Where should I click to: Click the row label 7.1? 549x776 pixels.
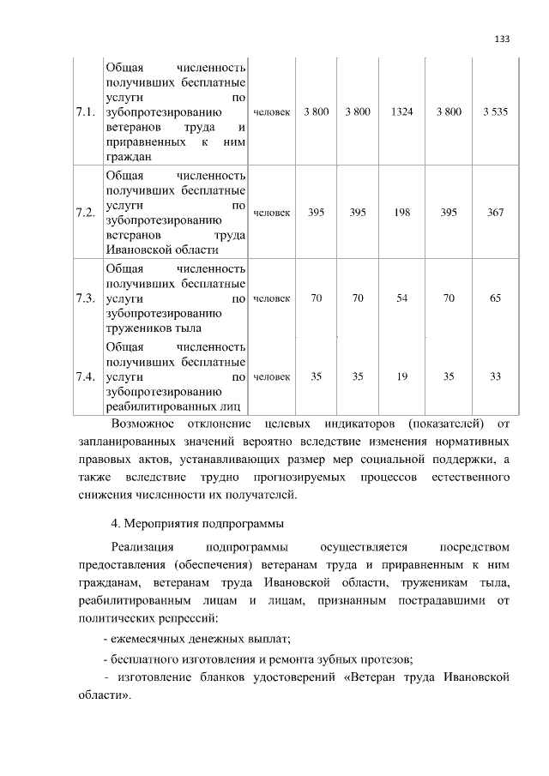click(x=85, y=112)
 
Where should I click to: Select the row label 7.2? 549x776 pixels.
click(x=85, y=212)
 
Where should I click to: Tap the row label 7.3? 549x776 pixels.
click(x=85, y=298)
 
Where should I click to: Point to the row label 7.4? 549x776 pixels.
click(x=85, y=376)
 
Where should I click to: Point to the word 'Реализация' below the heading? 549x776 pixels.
click(x=142, y=546)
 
